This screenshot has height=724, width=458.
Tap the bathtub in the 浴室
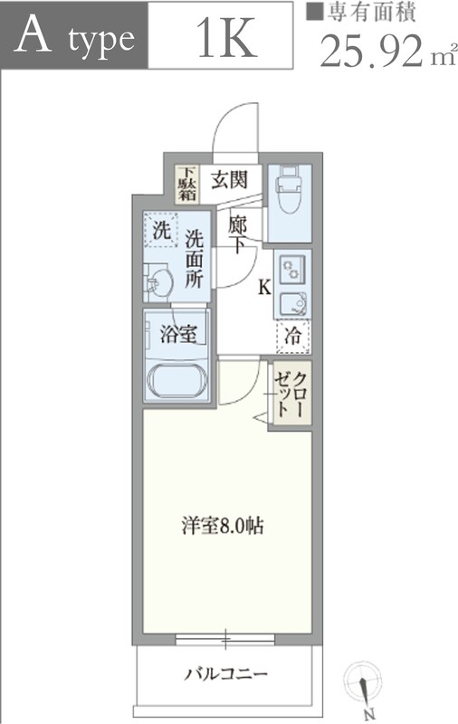tap(177, 379)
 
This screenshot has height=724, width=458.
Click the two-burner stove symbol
tap(291, 269)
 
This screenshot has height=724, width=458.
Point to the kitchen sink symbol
tap(292, 303)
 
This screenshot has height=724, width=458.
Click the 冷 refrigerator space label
tap(292, 336)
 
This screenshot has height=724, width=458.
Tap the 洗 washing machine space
tap(161, 230)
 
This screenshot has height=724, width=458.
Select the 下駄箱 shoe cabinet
tap(186, 184)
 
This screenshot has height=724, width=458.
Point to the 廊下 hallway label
tap(237, 234)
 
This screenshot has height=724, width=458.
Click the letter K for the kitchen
tap(264, 287)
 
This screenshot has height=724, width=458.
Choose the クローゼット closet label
tap(291, 395)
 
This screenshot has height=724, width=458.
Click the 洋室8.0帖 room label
tap(223, 526)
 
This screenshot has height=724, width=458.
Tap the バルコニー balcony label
tap(225, 674)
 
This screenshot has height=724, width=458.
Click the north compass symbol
tap(363, 687)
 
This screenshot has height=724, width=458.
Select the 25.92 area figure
tap(371, 51)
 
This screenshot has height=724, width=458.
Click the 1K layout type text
tap(226, 38)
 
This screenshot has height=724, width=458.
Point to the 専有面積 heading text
tap(371, 14)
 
